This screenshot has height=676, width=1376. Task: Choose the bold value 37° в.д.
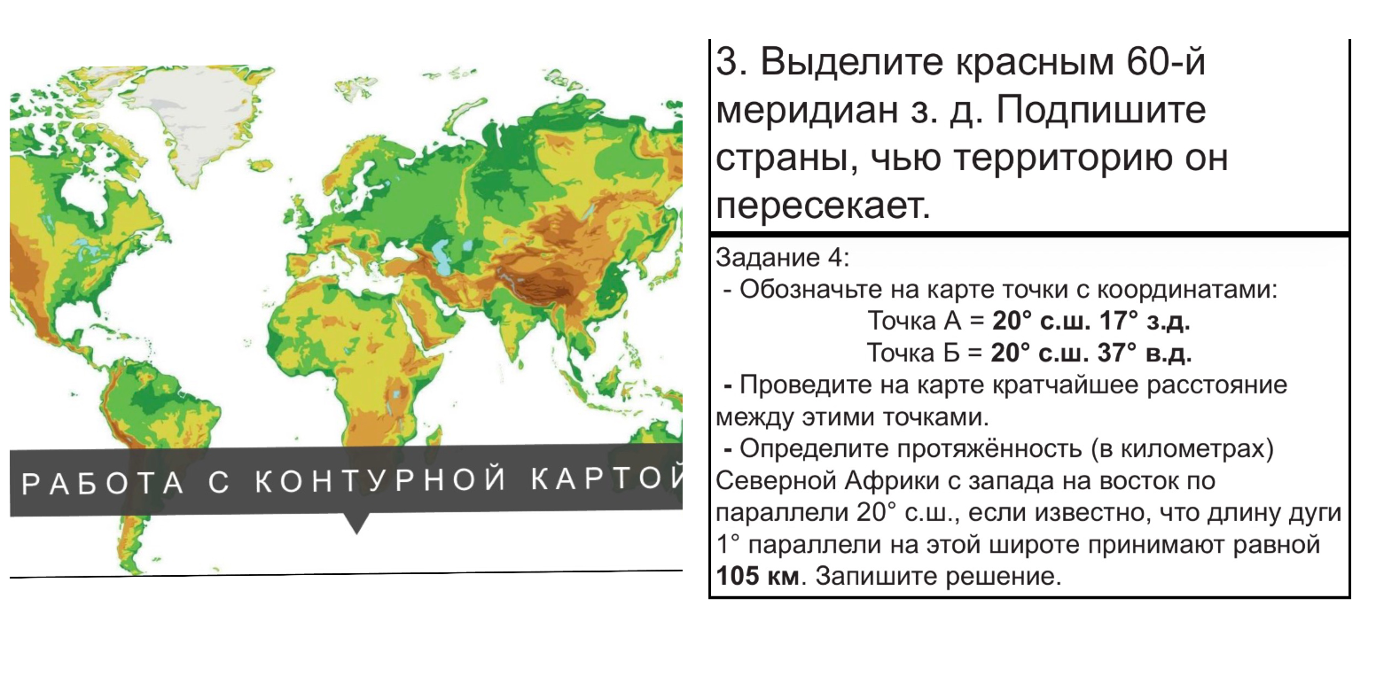point(1156,353)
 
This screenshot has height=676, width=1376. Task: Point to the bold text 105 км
point(756,577)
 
